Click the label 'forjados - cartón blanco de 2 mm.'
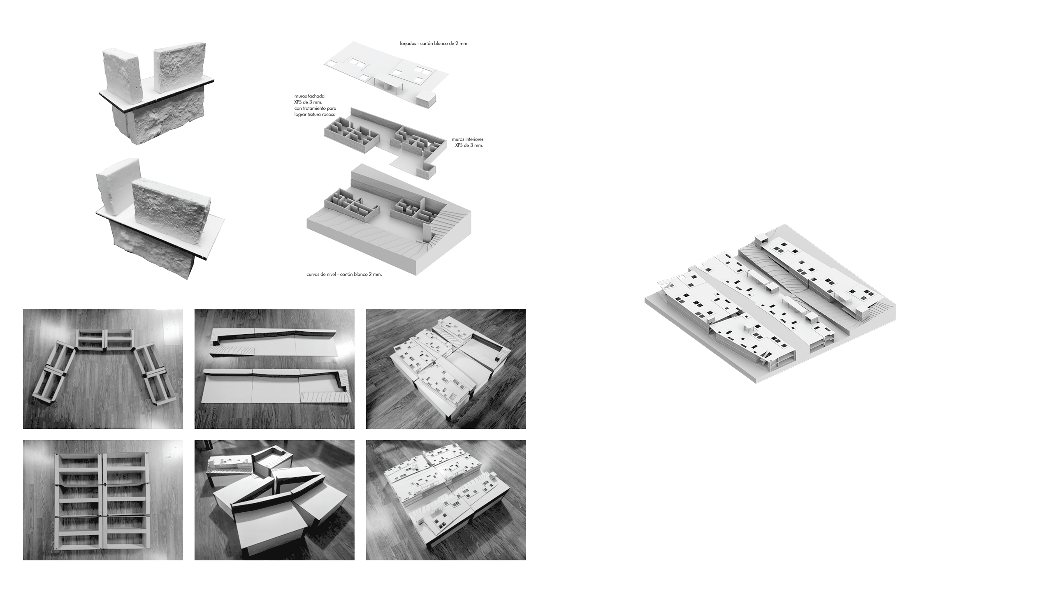[434, 43]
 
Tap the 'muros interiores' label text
[468, 139]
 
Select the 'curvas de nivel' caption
[322, 274]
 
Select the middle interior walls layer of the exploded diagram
[385, 142]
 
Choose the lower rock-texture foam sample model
[158, 218]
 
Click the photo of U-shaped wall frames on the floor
[103, 369]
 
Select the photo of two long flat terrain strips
[274, 369]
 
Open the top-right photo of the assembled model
[446, 369]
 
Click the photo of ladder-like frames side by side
[103, 500]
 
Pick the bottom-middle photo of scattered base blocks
[274, 500]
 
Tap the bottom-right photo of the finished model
[446, 500]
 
